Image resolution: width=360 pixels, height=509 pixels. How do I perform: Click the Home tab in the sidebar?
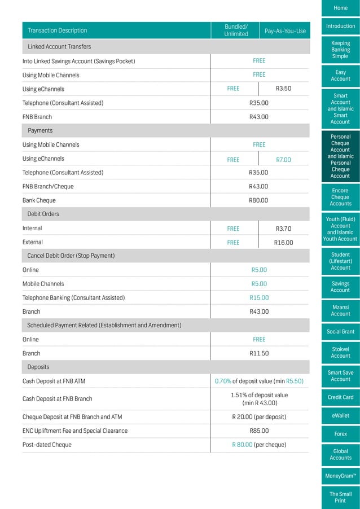(x=340, y=8)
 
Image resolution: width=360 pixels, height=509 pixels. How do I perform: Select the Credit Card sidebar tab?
(x=340, y=397)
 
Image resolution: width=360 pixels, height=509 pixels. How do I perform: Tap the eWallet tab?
(x=340, y=416)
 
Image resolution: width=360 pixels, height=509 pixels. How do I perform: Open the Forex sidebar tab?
(x=340, y=434)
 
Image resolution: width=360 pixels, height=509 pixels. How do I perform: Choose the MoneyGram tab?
(x=340, y=476)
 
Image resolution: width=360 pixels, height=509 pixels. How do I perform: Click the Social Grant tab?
(x=340, y=331)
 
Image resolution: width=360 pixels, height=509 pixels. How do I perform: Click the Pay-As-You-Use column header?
(x=285, y=31)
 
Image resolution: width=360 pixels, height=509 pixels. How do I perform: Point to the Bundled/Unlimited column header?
(x=236, y=30)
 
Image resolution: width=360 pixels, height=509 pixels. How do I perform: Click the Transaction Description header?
(x=58, y=30)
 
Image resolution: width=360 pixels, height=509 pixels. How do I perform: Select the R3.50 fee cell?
(x=283, y=89)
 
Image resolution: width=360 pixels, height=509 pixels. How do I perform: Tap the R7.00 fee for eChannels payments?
(x=283, y=160)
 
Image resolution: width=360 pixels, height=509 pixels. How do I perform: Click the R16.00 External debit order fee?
(x=283, y=243)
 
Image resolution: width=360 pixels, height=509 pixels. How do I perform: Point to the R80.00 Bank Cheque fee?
(x=258, y=200)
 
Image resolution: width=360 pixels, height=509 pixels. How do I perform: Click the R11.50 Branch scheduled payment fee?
(x=258, y=353)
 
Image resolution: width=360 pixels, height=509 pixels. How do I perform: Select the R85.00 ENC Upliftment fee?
(x=258, y=431)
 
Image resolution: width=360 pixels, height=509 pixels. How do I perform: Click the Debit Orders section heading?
(x=43, y=214)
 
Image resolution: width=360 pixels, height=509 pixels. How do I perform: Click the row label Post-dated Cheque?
(x=47, y=445)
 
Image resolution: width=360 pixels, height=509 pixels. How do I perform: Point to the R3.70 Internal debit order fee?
(x=283, y=229)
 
